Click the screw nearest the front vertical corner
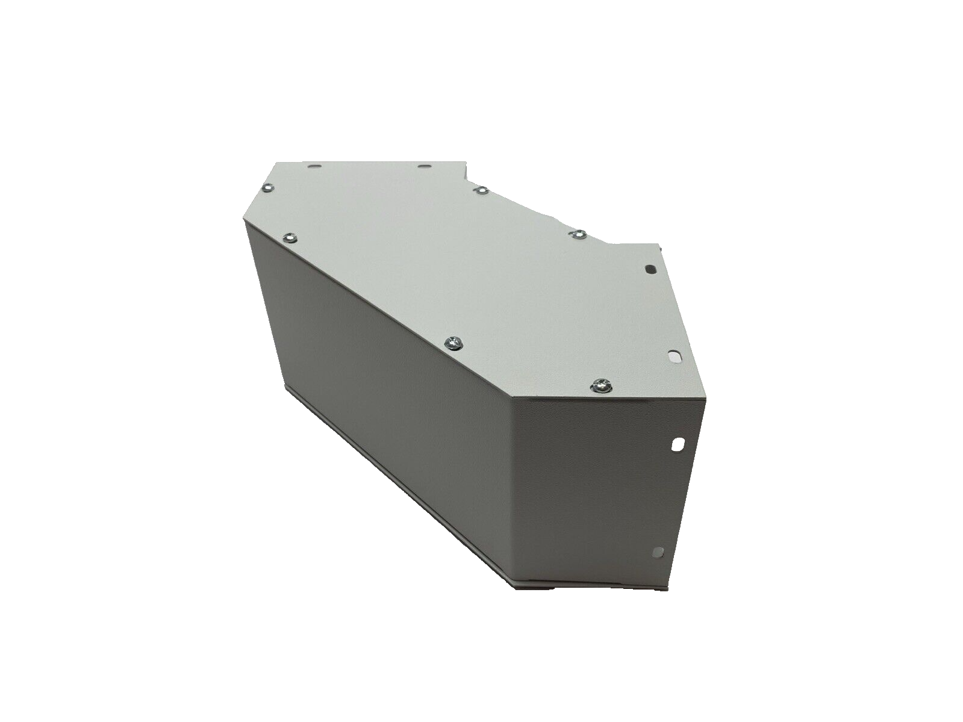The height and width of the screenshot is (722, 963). click(601, 385)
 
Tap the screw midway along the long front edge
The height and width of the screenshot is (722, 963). click(453, 343)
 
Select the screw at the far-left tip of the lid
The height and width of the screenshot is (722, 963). click(267, 188)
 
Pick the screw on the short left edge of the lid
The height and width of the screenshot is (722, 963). click(290, 237)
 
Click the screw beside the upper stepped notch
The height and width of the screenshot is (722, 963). click(481, 190)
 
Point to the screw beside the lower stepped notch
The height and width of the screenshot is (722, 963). click(578, 234)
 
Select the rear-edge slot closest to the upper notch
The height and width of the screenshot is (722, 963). click(423, 166)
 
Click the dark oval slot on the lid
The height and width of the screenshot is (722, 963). click(650, 269)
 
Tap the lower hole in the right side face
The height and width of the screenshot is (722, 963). click(659, 552)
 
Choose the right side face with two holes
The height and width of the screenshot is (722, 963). click(596, 482)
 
